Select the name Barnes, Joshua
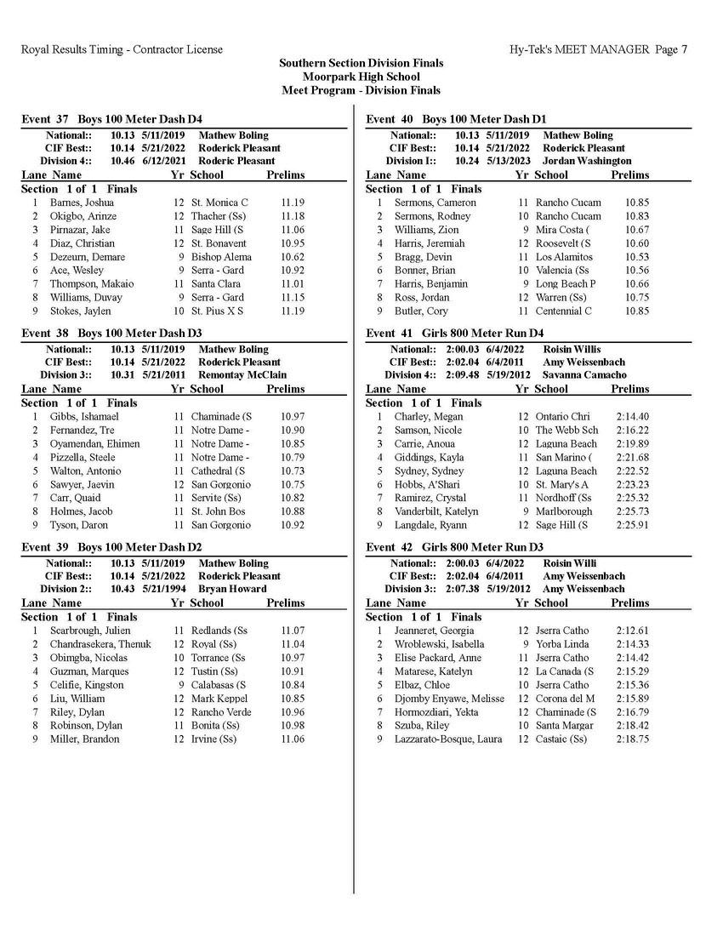click(x=82, y=203)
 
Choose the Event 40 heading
click(x=456, y=119)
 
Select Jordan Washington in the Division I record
click(x=587, y=161)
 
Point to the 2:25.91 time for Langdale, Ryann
click(x=632, y=525)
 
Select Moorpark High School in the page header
click(x=361, y=77)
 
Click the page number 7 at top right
click(x=685, y=49)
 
